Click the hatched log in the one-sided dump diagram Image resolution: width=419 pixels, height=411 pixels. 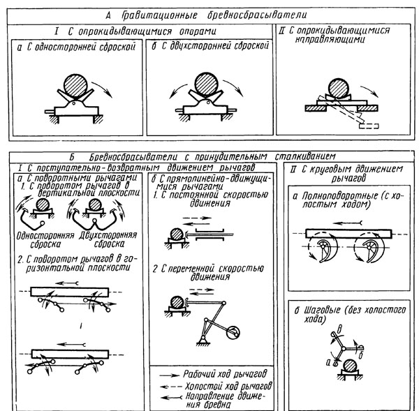[x=74, y=89]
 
